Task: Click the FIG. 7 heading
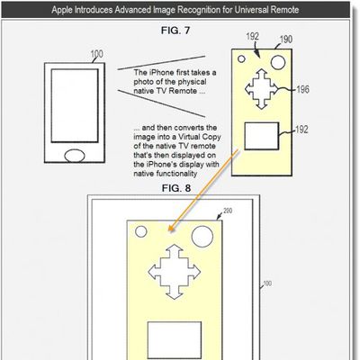(x=175, y=31)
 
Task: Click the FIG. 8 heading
(x=176, y=188)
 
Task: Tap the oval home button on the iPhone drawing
(x=75, y=156)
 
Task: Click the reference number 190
(x=286, y=40)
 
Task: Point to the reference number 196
(x=302, y=89)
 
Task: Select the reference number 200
(x=228, y=211)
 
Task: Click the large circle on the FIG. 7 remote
(x=278, y=62)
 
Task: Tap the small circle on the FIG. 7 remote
(x=241, y=59)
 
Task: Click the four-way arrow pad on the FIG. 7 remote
(x=262, y=89)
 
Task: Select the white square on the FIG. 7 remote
(x=262, y=136)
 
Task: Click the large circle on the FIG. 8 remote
(x=202, y=237)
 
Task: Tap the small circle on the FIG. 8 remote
(x=141, y=231)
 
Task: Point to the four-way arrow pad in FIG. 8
(x=175, y=272)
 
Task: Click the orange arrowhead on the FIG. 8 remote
(x=170, y=229)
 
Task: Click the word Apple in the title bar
(x=62, y=10)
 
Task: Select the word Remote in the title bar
(x=284, y=10)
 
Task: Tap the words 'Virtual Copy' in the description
(x=200, y=137)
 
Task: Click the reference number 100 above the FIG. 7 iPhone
(x=96, y=54)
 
